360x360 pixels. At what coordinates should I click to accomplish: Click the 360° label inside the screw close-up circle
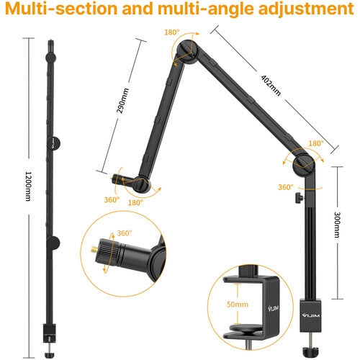tap(125, 233)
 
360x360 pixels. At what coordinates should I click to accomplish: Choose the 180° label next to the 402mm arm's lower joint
tap(315, 143)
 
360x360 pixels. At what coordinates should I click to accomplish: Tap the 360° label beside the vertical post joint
tap(284, 187)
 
